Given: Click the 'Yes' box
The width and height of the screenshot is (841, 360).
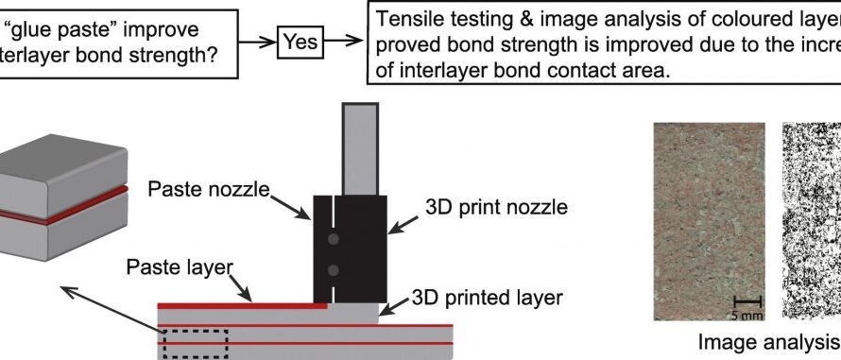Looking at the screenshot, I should click(300, 42).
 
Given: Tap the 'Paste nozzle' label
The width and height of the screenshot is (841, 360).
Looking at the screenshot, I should click(209, 191).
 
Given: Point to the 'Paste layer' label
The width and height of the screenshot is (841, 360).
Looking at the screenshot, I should click(179, 267).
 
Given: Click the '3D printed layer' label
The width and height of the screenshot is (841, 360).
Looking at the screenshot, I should click(488, 298).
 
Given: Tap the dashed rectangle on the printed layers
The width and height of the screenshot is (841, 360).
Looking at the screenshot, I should click(196, 343).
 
